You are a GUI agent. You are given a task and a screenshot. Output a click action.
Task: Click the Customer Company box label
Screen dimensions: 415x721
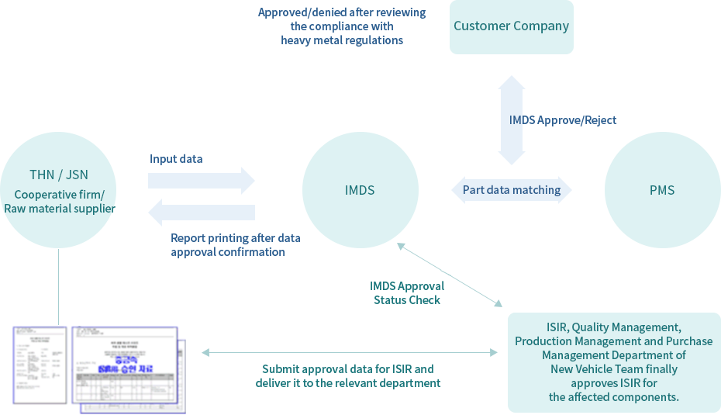511,26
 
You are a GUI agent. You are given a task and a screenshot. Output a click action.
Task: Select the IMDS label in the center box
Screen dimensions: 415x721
360,190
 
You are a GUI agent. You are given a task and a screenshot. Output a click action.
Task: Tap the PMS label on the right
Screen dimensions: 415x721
662,190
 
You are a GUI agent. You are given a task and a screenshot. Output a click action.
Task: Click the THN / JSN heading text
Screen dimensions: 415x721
59,175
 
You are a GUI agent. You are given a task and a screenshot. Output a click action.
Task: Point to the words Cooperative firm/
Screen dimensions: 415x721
59,194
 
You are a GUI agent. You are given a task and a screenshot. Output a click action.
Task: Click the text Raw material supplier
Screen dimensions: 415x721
60,208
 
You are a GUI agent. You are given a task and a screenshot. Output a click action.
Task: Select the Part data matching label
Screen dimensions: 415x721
512,190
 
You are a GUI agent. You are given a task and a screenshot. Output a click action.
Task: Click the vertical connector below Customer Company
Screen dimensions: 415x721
512,119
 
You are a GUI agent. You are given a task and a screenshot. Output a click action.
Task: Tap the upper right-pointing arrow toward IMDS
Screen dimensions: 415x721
202,180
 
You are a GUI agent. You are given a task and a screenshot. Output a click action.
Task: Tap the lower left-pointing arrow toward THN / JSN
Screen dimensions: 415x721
202,212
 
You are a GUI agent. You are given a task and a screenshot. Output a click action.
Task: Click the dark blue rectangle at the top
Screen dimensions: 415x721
341,27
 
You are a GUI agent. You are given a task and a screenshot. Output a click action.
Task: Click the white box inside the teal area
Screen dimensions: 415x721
414,292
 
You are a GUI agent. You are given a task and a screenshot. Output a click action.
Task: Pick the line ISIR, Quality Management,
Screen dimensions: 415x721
613,327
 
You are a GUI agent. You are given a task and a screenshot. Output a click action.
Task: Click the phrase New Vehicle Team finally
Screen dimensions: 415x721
613,368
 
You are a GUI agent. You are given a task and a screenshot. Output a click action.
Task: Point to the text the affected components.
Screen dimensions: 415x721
613,396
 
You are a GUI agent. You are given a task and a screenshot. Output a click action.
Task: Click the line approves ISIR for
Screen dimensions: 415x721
613,382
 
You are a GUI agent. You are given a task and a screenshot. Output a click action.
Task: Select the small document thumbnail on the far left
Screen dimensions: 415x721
40,365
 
